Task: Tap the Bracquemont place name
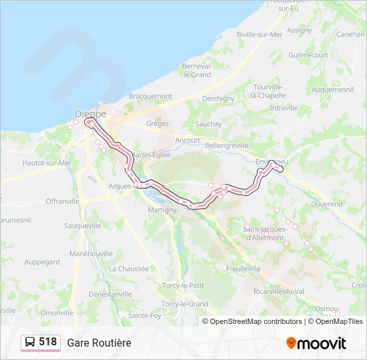pyautogui.click(x=150, y=96)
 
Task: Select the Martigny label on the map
pyautogui.click(x=162, y=210)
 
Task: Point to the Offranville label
pyautogui.click(x=63, y=201)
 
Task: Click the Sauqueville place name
pyautogui.click(x=83, y=226)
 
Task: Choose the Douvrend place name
pyautogui.click(x=326, y=204)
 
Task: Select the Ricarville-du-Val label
pyautogui.click(x=279, y=291)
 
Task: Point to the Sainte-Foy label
pyautogui.click(x=145, y=315)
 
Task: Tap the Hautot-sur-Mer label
pyautogui.click(x=47, y=163)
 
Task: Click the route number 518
pyautogui.click(x=48, y=342)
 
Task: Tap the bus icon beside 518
pyautogui.click(x=30, y=343)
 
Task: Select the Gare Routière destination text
pyautogui.click(x=99, y=343)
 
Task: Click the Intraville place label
pyautogui.click(x=284, y=108)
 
